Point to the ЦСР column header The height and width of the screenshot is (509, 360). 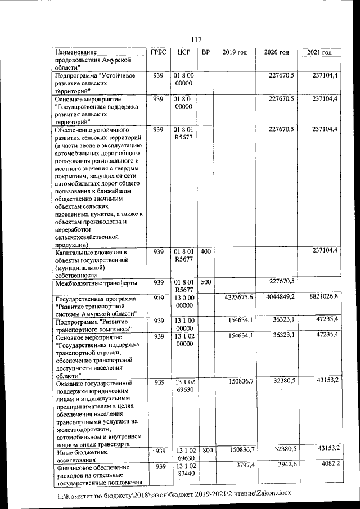[x=184, y=52]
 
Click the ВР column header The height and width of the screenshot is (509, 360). [x=206, y=52]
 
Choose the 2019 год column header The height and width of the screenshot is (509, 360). [x=235, y=53]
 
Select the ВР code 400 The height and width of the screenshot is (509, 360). [x=206, y=251]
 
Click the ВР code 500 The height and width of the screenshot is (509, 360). [x=206, y=281]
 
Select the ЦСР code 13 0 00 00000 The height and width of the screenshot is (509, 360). [x=184, y=301]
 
